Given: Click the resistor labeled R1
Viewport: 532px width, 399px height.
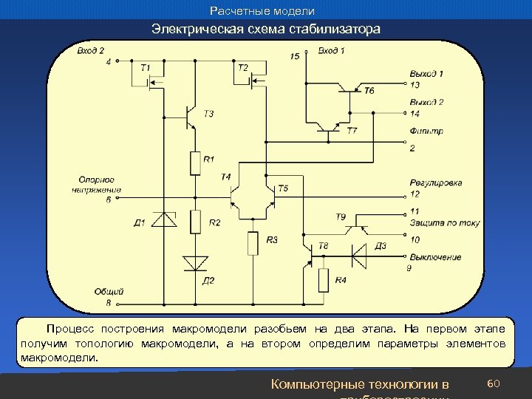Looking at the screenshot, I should click(x=195, y=163).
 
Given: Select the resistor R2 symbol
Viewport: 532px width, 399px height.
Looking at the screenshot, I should click(x=195, y=221).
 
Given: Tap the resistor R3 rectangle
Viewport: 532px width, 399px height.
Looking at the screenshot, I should click(x=253, y=242).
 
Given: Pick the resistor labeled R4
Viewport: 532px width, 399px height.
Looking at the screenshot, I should click(x=324, y=280).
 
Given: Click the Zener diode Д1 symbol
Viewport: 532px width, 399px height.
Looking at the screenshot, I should click(x=164, y=219).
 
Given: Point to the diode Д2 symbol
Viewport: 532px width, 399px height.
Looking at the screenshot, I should click(x=195, y=263).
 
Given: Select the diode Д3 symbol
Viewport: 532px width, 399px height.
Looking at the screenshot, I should click(x=359, y=256).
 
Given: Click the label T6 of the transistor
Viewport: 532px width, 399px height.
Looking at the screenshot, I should click(x=369, y=90).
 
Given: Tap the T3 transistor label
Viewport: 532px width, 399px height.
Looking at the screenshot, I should click(x=208, y=114).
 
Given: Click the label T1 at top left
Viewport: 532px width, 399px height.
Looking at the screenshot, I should click(x=145, y=68).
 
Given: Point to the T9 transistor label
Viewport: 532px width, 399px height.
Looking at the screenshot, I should click(x=341, y=216).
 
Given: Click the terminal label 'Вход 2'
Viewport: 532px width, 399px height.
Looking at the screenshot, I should click(x=91, y=50).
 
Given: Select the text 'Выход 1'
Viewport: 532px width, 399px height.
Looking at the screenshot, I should click(x=426, y=73).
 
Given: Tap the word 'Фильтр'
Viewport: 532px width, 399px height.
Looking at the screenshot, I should click(x=426, y=132).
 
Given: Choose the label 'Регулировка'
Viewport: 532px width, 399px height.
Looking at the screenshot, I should click(x=435, y=183).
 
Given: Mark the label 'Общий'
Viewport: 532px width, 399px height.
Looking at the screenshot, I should click(x=109, y=291).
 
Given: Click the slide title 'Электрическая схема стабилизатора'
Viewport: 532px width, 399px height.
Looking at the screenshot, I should click(x=266, y=30).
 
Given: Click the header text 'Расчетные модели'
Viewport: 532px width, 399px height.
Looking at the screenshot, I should click(x=262, y=11).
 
